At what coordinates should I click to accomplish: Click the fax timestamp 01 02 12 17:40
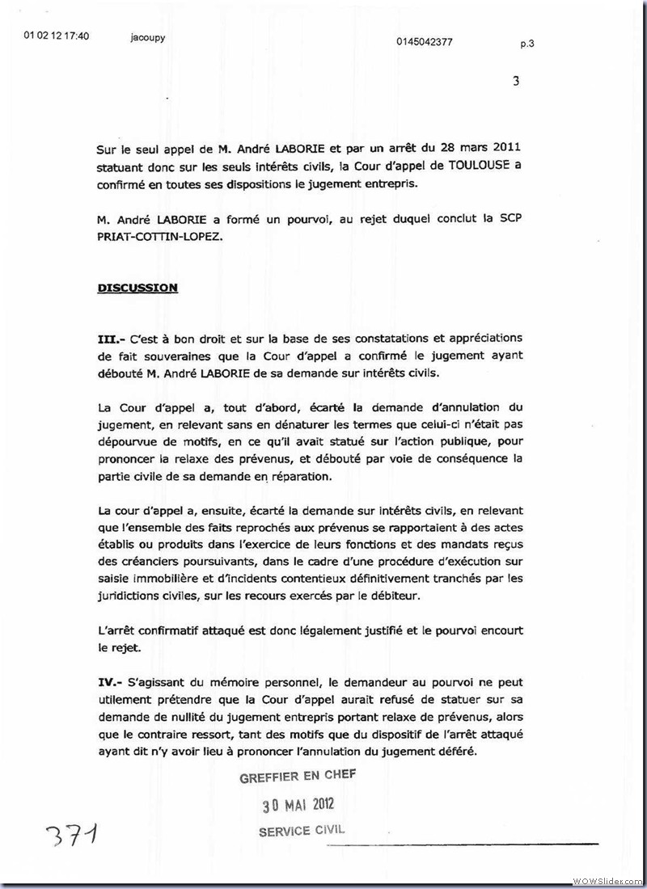(57, 36)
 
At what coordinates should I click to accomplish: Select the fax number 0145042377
(425, 42)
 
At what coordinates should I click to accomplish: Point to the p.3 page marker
(527, 45)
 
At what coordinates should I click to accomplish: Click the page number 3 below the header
(516, 81)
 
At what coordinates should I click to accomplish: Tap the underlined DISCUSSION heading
(137, 288)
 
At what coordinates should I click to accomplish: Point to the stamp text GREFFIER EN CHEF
(297, 776)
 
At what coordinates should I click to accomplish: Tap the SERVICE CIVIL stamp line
(301, 831)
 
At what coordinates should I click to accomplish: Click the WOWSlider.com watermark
(607, 879)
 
